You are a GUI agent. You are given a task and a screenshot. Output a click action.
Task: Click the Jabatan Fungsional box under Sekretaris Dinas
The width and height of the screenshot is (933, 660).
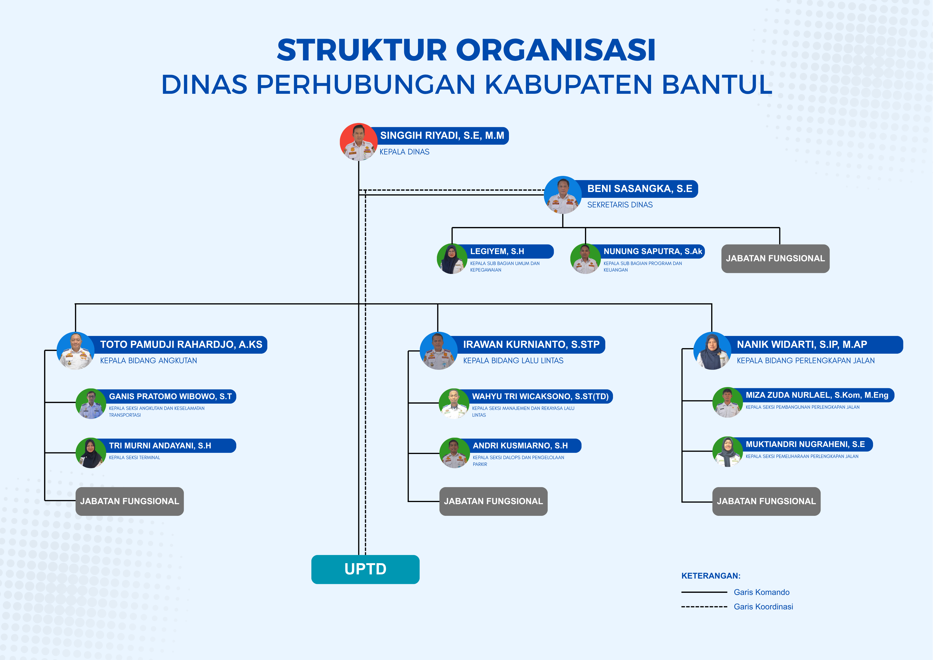pyautogui.click(x=775, y=258)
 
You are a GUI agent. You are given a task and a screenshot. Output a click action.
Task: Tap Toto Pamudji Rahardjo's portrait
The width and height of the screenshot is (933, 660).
pyautogui.click(x=76, y=350)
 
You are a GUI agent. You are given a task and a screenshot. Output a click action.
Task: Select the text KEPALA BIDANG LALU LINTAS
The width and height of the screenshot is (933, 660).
pyautogui.click(x=513, y=360)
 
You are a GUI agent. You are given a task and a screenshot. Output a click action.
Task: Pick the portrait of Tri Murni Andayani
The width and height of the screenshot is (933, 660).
pyautogui.click(x=91, y=453)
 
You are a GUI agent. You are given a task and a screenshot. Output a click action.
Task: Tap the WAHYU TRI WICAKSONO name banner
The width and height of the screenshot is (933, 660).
pyautogui.click(x=540, y=396)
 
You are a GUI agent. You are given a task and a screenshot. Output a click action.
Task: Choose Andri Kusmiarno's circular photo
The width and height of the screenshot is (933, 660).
pyautogui.click(x=454, y=453)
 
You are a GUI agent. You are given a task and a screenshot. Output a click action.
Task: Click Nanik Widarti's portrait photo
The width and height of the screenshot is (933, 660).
pyautogui.click(x=712, y=350)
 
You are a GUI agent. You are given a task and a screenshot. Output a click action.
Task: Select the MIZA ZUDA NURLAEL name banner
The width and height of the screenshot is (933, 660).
pyautogui.click(x=816, y=395)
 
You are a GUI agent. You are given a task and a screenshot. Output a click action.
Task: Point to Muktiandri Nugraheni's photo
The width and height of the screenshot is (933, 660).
pyautogui.click(x=727, y=451)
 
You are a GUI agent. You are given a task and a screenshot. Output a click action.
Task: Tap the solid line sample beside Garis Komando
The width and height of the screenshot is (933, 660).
pyautogui.click(x=704, y=592)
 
